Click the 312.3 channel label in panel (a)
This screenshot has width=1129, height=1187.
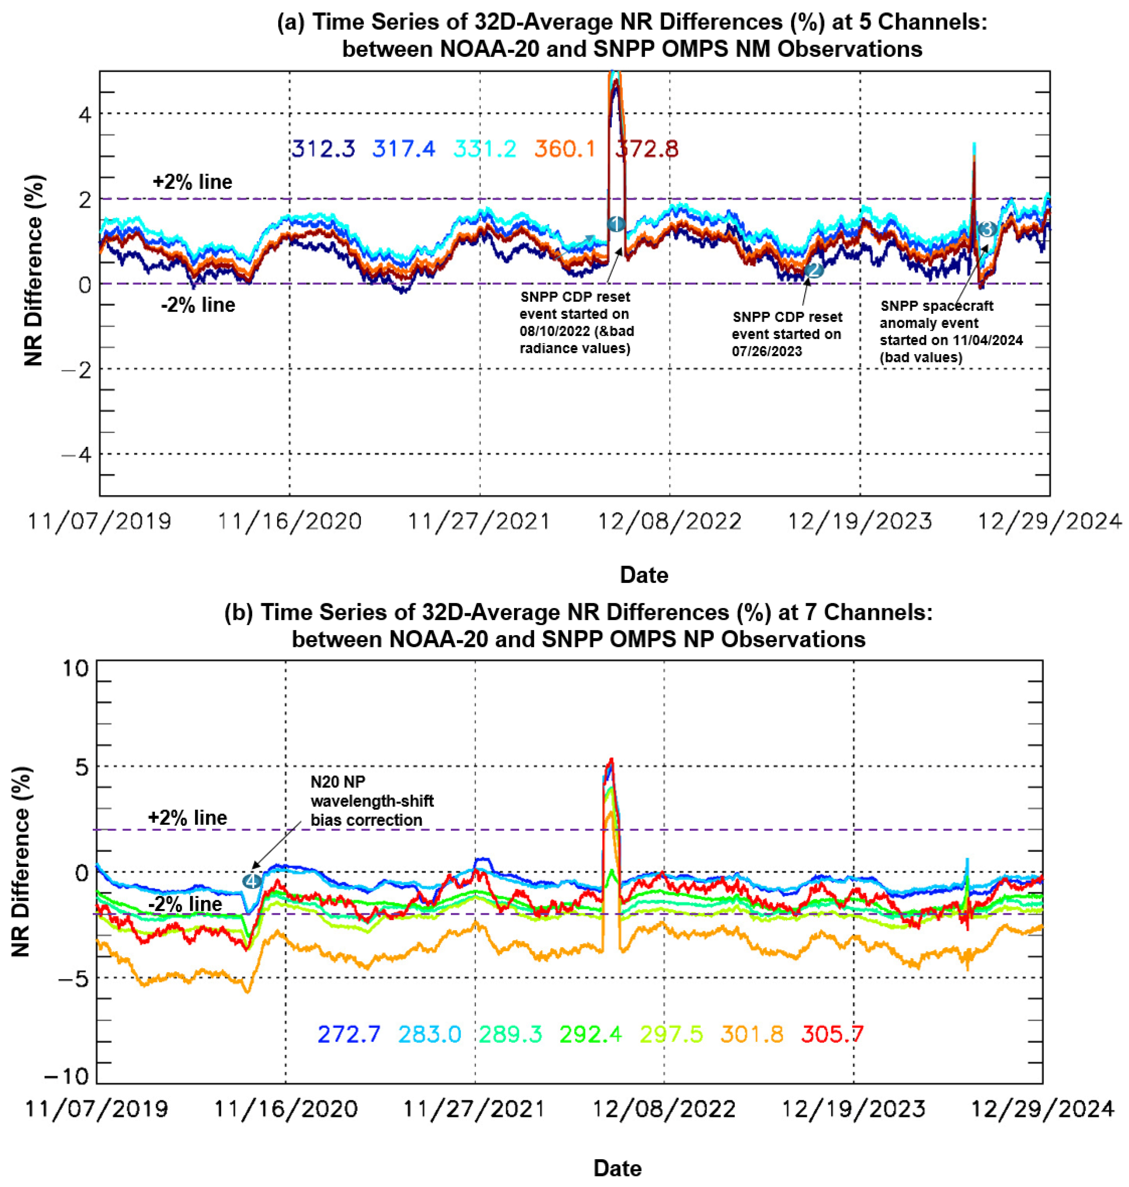pos(323,149)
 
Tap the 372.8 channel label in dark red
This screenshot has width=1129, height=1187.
pos(647,149)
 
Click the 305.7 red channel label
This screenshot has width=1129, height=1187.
pos(832,1034)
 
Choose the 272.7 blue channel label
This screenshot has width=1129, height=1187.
pos(349,1034)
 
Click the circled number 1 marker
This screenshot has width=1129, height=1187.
pos(615,224)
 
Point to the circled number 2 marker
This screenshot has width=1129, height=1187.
pos(814,270)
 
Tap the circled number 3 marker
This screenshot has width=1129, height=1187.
pos(987,229)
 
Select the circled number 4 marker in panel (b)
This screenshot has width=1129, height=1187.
pos(252,881)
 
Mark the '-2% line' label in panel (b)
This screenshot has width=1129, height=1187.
pos(185,904)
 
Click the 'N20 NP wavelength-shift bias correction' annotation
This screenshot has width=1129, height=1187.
pos(371,801)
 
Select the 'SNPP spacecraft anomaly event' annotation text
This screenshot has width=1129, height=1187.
pos(951,331)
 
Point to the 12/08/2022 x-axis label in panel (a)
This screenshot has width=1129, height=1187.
pos(669,521)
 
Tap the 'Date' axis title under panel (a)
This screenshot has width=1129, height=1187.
pos(644,575)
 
